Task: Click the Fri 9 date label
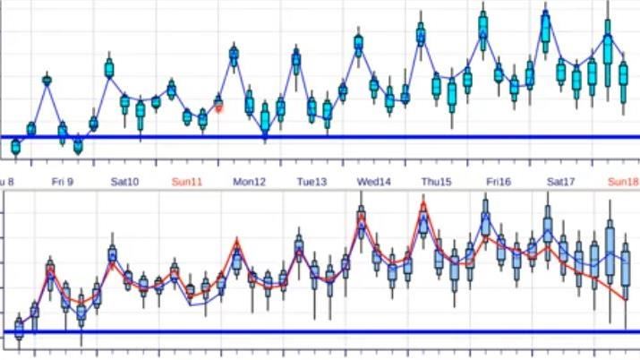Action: (63, 182)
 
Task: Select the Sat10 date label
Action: (124, 182)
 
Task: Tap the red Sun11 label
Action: (187, 182)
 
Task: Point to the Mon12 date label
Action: (250, 182)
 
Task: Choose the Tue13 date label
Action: (311, 182)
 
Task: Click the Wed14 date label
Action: (374, 182)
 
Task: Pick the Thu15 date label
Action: (436, 182)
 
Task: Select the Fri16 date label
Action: (499, 182)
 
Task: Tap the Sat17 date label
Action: (560, 182)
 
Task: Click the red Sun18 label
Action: (623, 182)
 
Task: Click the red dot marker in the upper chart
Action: (218, 107)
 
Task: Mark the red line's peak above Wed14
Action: (362, 215)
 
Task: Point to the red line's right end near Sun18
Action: (624, 299)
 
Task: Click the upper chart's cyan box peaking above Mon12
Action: (234, 56)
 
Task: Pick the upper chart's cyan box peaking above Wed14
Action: (358, 43)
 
